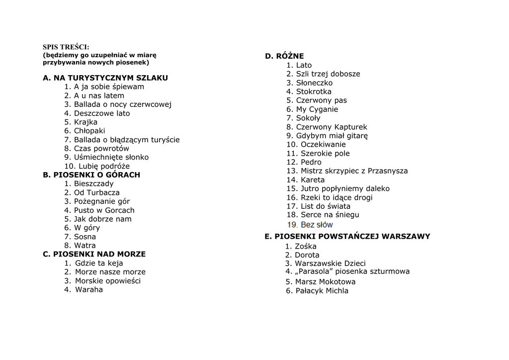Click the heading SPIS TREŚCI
[66, 47]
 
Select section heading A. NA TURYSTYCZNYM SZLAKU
[105, 78]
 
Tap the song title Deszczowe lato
[102, 113]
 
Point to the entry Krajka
[85, 122]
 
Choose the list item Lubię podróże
[101, 166]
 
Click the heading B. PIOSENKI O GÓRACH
[91, 175]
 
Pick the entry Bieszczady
[93, 184]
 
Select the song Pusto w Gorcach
[104, 210]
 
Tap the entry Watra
[85, 246]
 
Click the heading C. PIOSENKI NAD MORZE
[94, 254]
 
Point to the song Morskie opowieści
[107, 281]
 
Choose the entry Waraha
[88, 290]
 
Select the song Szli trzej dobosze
[328, 74]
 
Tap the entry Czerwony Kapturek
[332, 127]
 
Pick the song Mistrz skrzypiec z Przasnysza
[354, 171]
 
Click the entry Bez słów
[317, 225]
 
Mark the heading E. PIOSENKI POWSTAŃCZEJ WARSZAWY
[347, 237]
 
